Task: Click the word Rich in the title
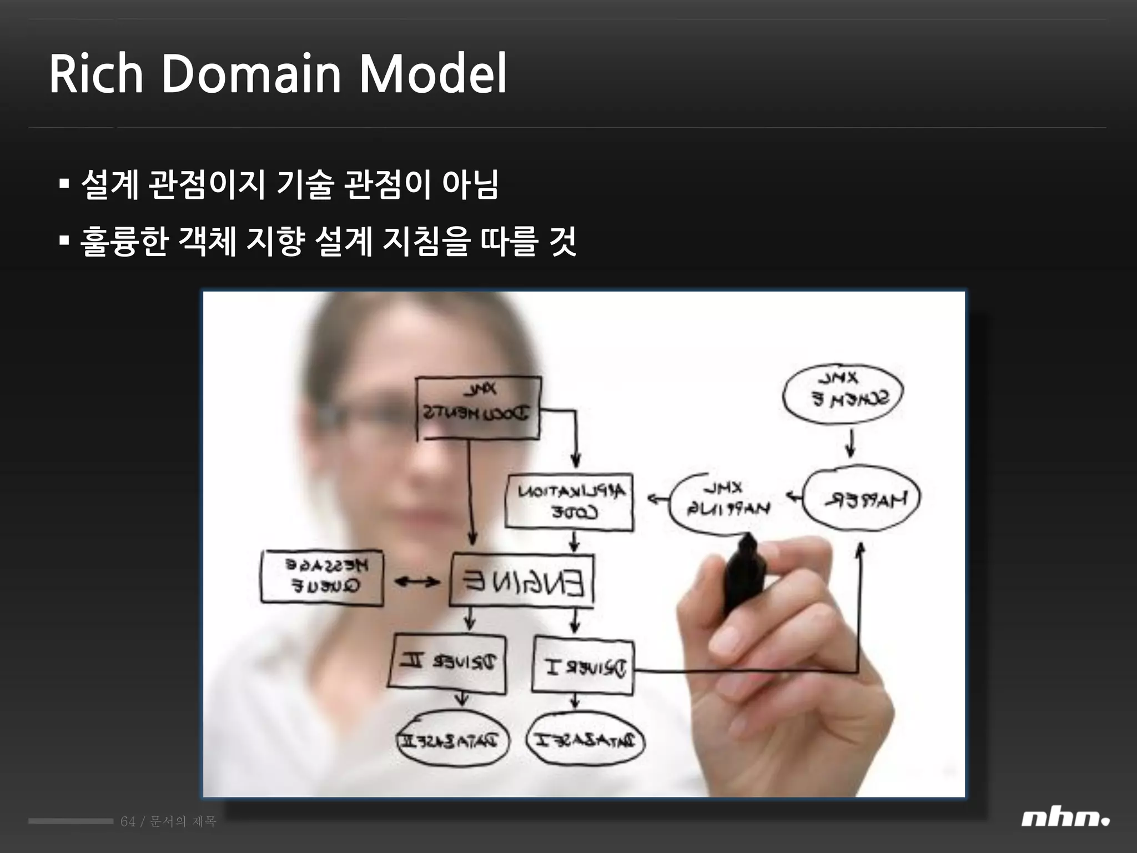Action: pos(96,74)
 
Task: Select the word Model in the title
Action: pos(432,74)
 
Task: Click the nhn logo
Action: pos(1064,819)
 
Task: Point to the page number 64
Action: pos(128,821)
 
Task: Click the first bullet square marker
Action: pos(64,184)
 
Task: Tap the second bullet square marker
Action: pos(64,240)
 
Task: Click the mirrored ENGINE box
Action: pos(521,580)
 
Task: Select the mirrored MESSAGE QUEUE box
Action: pos(322,577)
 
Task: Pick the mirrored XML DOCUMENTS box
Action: pos(478,407)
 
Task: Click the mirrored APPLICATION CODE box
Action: pos(569,501)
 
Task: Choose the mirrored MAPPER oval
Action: pos(862,498)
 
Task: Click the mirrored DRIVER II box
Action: pos(447,663)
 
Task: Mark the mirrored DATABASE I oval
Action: pos(585,740)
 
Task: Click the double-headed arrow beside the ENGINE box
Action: pos(416,582)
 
